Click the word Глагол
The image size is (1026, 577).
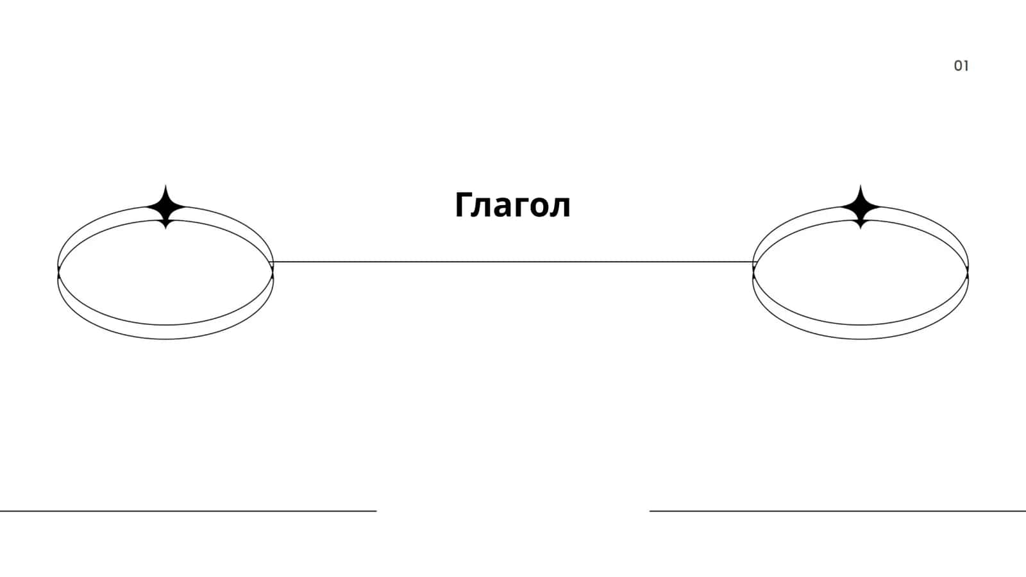[512, 205]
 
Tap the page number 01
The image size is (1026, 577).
[961, 66]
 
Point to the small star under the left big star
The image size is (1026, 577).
[166, 224]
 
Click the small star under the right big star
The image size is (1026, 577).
[861, 224]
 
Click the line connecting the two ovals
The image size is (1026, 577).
[513, 262]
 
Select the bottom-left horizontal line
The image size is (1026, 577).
[189, 510]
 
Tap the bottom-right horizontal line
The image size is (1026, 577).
[837, 510]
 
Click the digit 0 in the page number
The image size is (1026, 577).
[958, 66]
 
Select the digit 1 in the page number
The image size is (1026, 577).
[966, 66]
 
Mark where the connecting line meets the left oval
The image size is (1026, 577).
[273, 262]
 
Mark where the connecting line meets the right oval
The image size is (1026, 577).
[753, 262]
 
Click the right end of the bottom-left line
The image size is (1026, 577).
[376, 510]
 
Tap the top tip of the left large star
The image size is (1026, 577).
[166, 185]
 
